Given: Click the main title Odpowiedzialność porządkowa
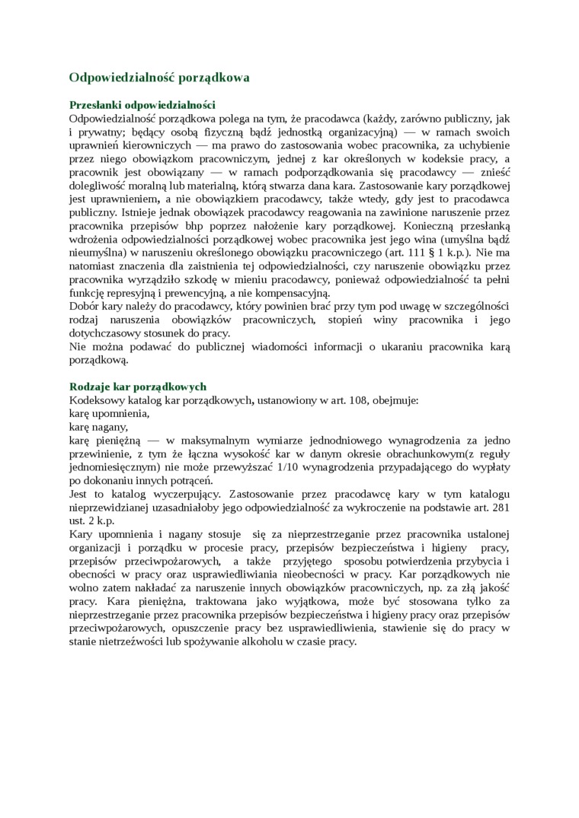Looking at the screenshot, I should click(158, 78).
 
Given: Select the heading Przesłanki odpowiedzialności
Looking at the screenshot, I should click(142, 105).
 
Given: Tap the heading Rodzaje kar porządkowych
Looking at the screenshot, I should click(137, 387).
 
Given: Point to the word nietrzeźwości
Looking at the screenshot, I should click(132, 641).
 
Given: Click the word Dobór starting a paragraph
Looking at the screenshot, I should click(85, 306).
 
